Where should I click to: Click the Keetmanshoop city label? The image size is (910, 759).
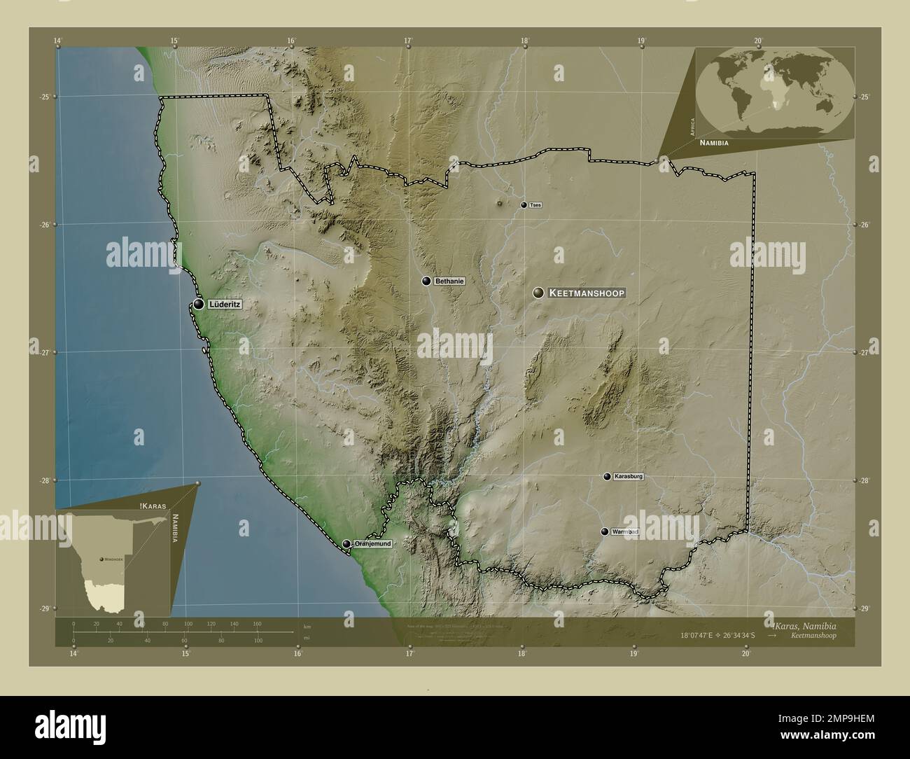tap(586, 293)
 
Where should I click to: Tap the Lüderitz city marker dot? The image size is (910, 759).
tap(199, 305)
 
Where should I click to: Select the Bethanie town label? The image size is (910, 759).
tap(449, 281)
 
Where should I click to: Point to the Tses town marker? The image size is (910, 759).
tap(524, 205)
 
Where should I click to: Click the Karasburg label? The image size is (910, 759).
tap(628, 477)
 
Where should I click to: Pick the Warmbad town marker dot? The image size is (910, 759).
tap(605, 531)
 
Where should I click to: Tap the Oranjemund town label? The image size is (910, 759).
tap(372, 543)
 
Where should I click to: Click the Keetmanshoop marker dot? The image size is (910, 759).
tap(538, 293)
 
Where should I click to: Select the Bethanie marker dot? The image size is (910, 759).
tap(426, 281)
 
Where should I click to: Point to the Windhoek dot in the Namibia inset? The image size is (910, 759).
tap(102, 559)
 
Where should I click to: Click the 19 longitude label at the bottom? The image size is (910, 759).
tap(633, 654)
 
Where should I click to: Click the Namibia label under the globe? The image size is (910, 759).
tap(714, 142)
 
